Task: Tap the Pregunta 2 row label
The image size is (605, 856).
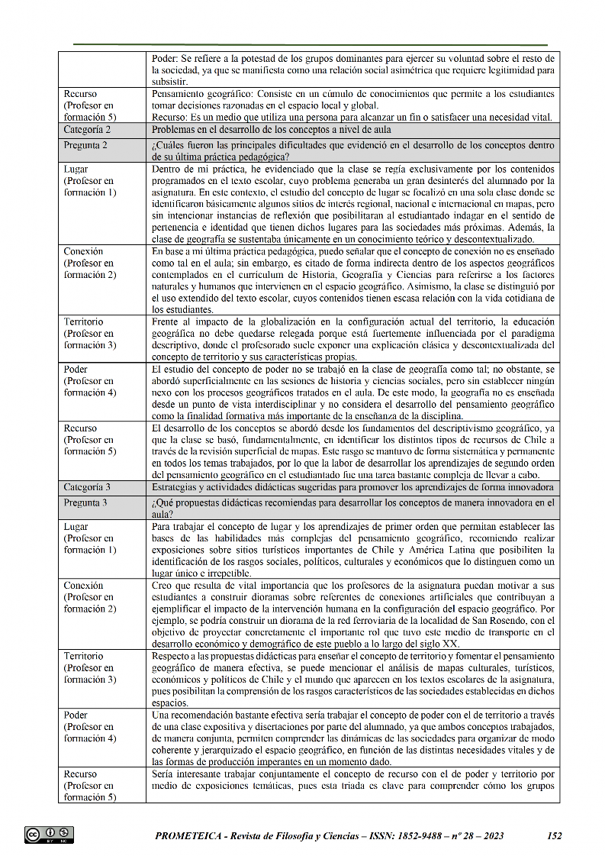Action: point(85,145)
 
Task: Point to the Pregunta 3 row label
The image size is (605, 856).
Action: point(85,503)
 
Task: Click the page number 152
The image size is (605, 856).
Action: point(555,835)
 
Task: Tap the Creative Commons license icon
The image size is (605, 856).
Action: point(49,835)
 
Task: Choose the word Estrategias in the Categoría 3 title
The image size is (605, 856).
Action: point(175,487)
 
